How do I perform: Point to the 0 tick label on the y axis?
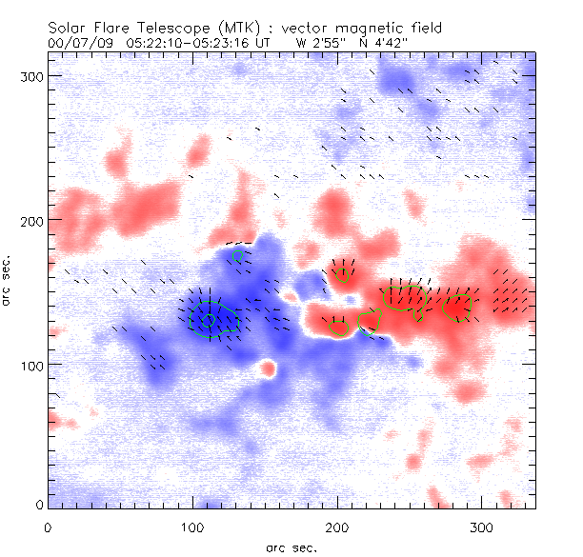pyautogui.click(x=39, y=505)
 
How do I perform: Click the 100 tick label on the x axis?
pyautogui.click(x=193, y=527)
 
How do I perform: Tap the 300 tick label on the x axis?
pyautogui.click(x=483, y=527)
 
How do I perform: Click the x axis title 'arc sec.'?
pyautogui.click(x=291, y=547)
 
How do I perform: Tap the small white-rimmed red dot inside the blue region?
pyautogui.click(x=269, y=368)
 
